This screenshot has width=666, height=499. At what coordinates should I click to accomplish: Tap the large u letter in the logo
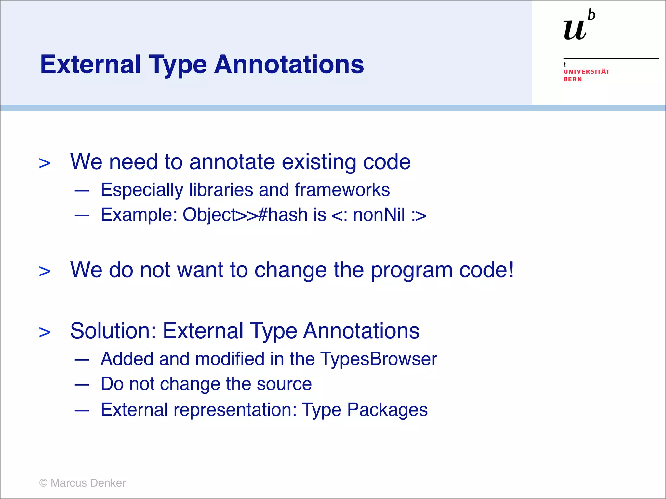[x=575, y=30]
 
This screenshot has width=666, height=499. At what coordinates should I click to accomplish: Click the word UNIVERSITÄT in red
[x=586, y=72]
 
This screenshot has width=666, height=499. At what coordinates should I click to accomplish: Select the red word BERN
[x=572, y=79]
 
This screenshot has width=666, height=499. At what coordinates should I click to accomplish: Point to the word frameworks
[x=342, y=190]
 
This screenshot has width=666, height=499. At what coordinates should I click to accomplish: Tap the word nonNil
[x=379, y=215]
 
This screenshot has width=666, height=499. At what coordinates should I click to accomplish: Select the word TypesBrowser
[x=379, y=359]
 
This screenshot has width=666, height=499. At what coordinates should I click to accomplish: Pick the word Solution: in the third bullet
[x=113, y=331]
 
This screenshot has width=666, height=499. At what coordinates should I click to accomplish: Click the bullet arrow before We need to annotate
[x=45, y=163]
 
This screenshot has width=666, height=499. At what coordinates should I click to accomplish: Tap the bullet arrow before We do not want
[x=45, y=271]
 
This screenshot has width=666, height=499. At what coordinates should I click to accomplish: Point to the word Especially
[x=142, y=190]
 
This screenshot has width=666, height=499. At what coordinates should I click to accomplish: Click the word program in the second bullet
[x=411, y=270]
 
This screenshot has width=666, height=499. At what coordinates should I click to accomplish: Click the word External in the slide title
[x=90, y=64]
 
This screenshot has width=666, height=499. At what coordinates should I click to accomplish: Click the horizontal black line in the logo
[x=611, y=59]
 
